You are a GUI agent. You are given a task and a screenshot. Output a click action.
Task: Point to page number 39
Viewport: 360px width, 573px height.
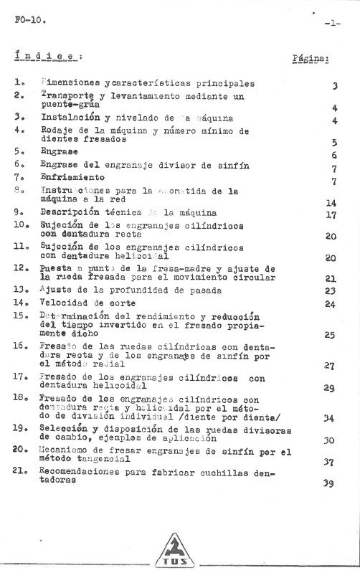click(x=330, y=483)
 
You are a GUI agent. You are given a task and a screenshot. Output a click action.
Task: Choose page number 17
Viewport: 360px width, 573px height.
click(x=331, y=214)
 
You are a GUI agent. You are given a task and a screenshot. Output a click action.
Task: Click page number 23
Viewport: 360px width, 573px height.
click(x=331, y=290)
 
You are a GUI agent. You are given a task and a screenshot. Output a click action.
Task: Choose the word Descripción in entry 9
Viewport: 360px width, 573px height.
click(x=75, y=213)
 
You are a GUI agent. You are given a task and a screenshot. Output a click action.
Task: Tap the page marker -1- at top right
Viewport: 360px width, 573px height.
click(x=331, y=23)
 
